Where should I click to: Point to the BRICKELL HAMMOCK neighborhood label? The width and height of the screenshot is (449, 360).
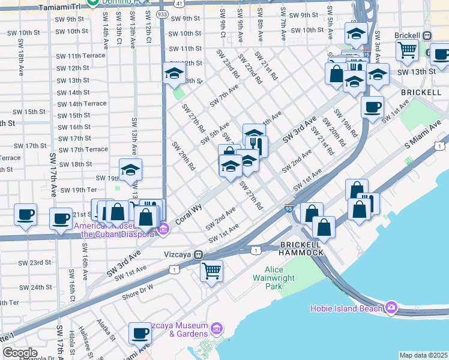(302, 248)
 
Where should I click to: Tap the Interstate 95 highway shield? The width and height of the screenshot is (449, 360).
(289, 208)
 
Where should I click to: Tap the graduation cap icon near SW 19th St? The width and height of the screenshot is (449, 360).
(130, 170)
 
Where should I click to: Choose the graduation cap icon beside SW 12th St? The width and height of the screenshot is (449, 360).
(174, 73)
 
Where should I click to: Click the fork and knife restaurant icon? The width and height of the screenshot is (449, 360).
(257, 145)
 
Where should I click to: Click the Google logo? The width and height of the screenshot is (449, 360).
(20, 353)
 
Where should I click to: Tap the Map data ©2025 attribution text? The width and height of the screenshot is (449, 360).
(423, 355)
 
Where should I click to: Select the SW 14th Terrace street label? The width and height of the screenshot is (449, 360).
(82, 104)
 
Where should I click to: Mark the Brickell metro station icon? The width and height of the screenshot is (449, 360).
(427, 35)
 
